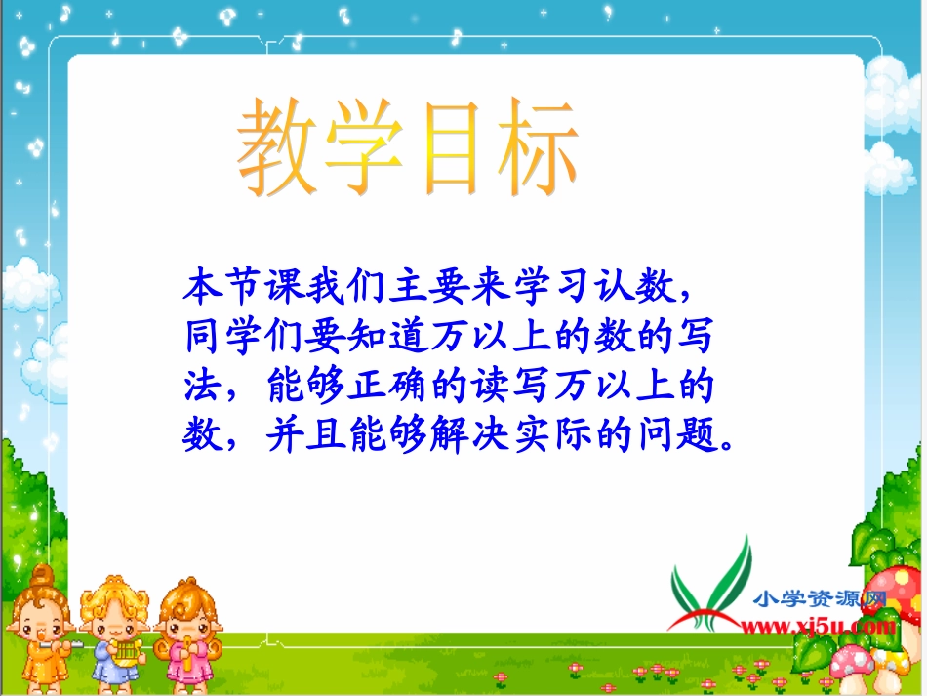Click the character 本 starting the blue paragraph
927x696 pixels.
coord(201,289)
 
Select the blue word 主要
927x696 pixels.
coord(414,289)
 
